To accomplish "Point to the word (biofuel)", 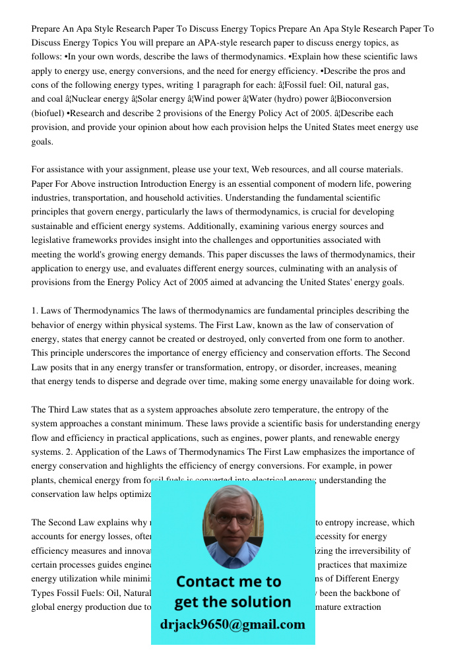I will [x=47, y=114].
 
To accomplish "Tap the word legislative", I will [x=55, y=240].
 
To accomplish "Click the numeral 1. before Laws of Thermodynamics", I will [x=36, y=311].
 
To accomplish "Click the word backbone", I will [x=376, y=593].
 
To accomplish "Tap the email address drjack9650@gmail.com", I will [x=233, y=624].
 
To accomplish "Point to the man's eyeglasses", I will [x=232, y=518].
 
